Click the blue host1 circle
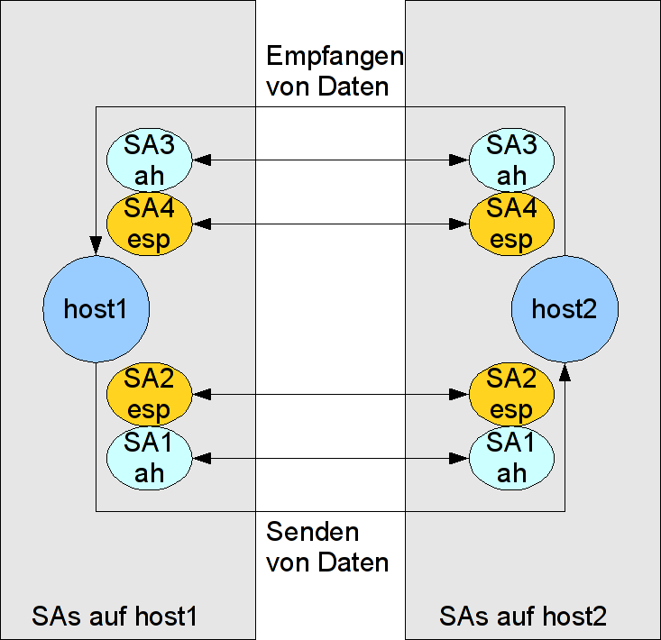96,308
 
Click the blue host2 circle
565,308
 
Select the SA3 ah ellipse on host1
149,160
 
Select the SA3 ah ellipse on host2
511,160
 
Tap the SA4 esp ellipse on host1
149,224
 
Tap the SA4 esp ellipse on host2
511,224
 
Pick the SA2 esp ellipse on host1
149,394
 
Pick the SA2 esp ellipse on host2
511,394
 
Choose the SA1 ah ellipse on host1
149,458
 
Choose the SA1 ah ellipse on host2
511,458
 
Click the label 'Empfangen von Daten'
334,72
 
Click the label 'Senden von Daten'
326,547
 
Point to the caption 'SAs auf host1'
115,617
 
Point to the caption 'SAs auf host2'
523,617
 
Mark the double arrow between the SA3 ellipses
330,160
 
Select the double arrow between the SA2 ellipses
330,394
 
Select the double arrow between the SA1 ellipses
330,458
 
